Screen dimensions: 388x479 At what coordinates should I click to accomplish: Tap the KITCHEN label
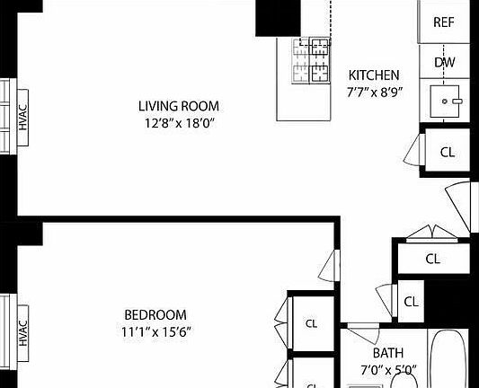click(x=374, y=75)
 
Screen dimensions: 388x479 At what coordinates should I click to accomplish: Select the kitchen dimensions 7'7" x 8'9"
click(x=374, y=91)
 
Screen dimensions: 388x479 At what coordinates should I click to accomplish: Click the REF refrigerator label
click(x=444, y=22)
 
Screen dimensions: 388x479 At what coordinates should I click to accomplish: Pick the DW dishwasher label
click(x=444, y=62)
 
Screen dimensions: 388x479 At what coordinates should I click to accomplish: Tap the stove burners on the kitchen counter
click(x=311, y=59)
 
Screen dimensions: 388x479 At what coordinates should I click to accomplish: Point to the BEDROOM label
click(x=155, y=314)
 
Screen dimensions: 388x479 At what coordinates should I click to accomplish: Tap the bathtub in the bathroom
click(x=449, y=364)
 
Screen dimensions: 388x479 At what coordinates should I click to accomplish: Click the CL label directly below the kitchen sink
click(x=447, y=152)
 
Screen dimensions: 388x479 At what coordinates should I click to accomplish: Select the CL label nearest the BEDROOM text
click(x=312, y=323)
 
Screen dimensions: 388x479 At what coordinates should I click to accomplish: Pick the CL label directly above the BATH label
click(x=411, y=302)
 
